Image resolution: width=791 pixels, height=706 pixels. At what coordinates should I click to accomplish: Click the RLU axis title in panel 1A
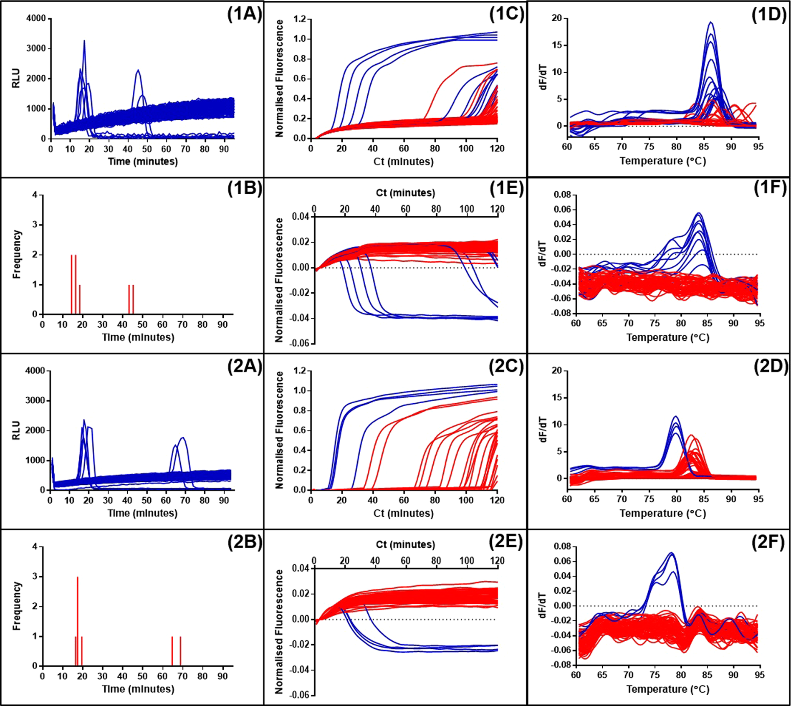(x=16, y=78)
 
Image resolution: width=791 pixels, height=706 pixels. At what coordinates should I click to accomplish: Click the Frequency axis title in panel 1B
(x=16, y=254)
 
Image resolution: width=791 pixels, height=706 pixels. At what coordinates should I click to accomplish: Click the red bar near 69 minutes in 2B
(x=180, y=651)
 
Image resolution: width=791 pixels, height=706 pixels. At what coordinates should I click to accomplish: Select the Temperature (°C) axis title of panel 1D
(x=662, y=161)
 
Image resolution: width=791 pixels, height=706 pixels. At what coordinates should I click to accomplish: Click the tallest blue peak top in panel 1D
(x=710, y=23)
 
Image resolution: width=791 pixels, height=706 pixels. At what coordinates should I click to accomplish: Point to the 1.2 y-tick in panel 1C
(x=300, y=19)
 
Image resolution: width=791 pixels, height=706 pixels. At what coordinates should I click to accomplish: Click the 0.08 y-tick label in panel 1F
(x=562, y=195)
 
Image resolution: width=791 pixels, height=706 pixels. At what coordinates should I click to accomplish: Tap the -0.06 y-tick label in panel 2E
(x=300, y=695)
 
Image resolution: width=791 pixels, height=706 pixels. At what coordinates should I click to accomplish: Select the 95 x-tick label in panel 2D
(x=758, y=499)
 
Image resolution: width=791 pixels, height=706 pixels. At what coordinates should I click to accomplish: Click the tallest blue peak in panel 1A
(x=84, y=41)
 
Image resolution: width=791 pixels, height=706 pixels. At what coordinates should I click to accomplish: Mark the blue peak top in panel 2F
(x=672, y=553)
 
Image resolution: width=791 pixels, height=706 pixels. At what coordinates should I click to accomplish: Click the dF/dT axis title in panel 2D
(x=543, y=430)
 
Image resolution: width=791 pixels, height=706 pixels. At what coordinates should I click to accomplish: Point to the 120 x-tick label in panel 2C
(x=497, y=500)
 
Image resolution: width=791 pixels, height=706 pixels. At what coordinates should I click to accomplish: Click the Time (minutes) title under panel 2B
(x=138, y=689)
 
